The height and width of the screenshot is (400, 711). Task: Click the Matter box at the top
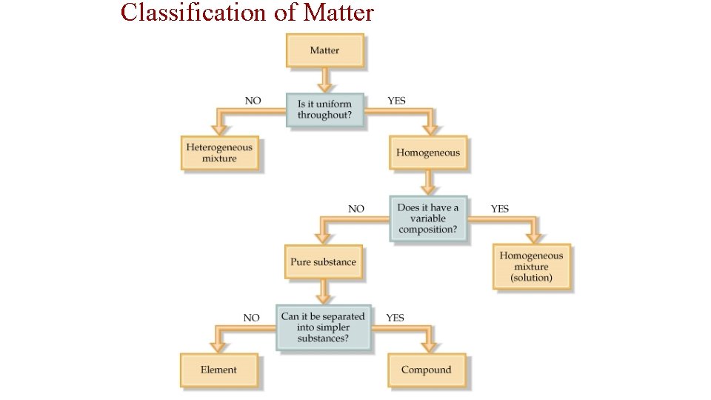324,50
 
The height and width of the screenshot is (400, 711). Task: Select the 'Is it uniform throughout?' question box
325,110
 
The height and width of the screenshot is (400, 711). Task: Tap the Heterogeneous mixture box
219,153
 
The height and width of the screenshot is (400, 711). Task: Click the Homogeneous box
428,153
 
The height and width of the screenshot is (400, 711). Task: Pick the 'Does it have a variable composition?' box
428,218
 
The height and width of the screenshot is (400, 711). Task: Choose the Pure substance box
324,261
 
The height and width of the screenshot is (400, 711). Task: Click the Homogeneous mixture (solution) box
532,267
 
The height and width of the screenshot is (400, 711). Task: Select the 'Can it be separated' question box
323,327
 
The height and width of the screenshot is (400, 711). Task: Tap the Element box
218,370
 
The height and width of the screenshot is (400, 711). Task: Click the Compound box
426,370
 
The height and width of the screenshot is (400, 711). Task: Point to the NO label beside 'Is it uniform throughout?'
253,101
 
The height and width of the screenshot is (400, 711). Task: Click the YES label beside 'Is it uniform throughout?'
397,101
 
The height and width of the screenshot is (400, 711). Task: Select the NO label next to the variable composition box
356,209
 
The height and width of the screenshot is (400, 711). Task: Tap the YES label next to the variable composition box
500,209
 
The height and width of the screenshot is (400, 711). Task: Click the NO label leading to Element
252,317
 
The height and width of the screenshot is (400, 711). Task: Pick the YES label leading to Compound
395,317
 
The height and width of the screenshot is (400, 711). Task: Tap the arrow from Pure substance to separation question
324,292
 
